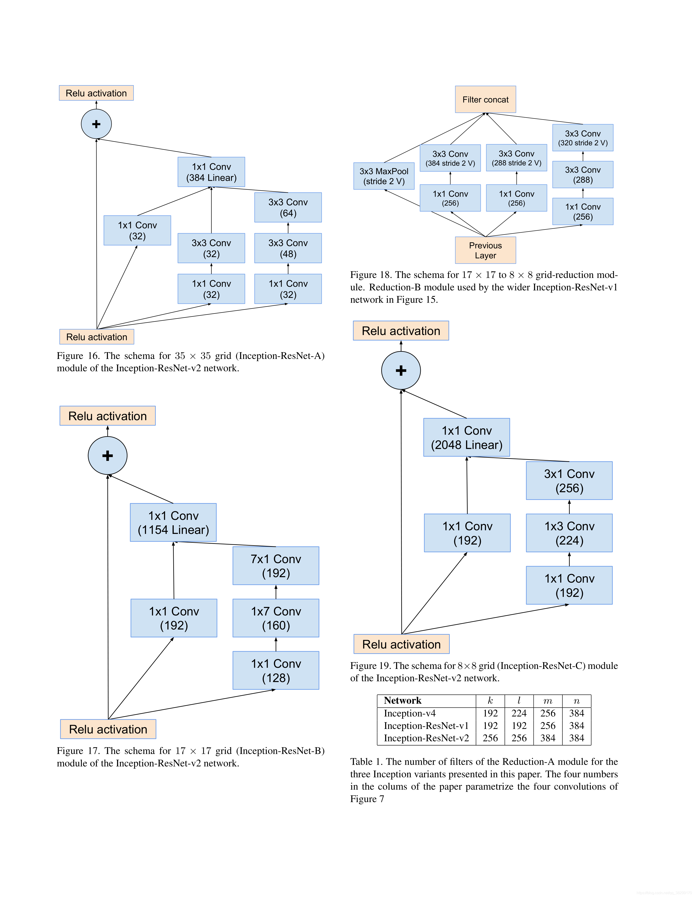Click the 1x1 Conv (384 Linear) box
[211, 172]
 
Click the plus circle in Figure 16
[96, 124]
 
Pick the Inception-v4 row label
[410, 714]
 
